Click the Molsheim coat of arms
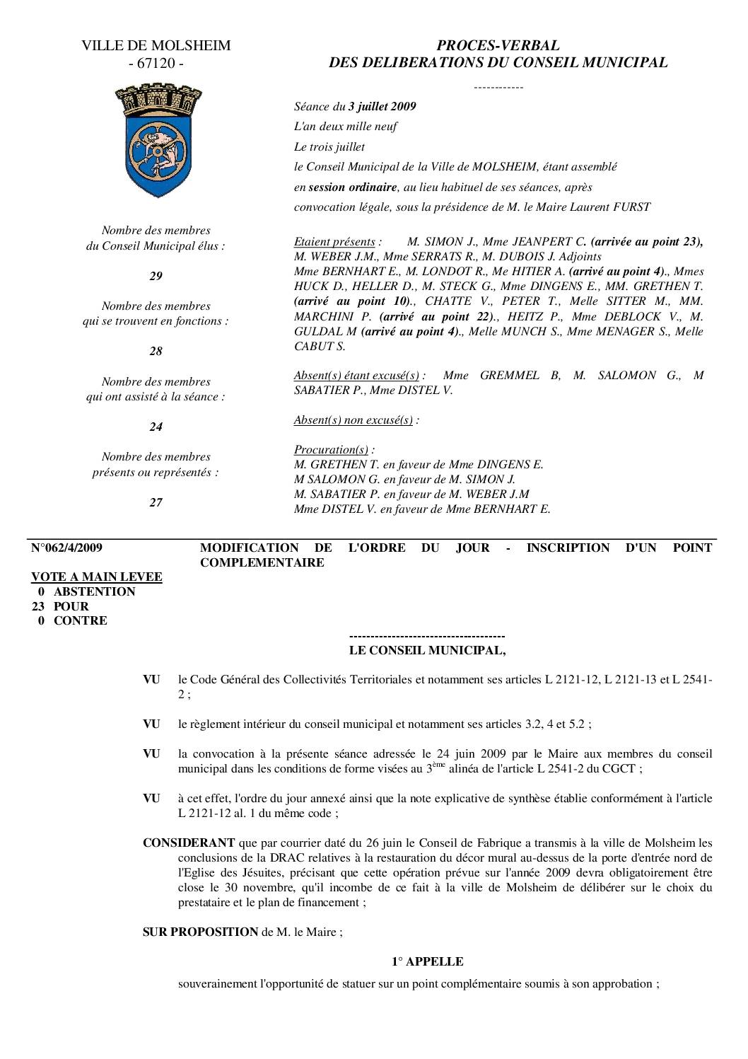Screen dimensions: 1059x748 pos(156,140)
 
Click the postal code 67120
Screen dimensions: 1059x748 pos(156,64)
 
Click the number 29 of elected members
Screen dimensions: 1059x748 pos(156,277)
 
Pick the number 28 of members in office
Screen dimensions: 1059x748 pos(156,352)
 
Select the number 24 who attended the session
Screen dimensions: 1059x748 pos(156,427)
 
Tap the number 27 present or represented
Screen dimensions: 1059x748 pos(156,503)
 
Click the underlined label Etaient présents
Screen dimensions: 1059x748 pos(334,242)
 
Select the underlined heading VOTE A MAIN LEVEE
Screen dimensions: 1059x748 pos(97,577)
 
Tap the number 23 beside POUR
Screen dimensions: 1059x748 pos(40,606)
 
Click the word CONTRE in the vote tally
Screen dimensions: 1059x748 pos(81,621)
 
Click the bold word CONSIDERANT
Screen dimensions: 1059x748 pos(189,843)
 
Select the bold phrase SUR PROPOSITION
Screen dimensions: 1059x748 pos(201,932)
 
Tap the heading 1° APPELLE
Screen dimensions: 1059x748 pos(428,962)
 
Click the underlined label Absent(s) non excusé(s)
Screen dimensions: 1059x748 pos(353,420)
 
